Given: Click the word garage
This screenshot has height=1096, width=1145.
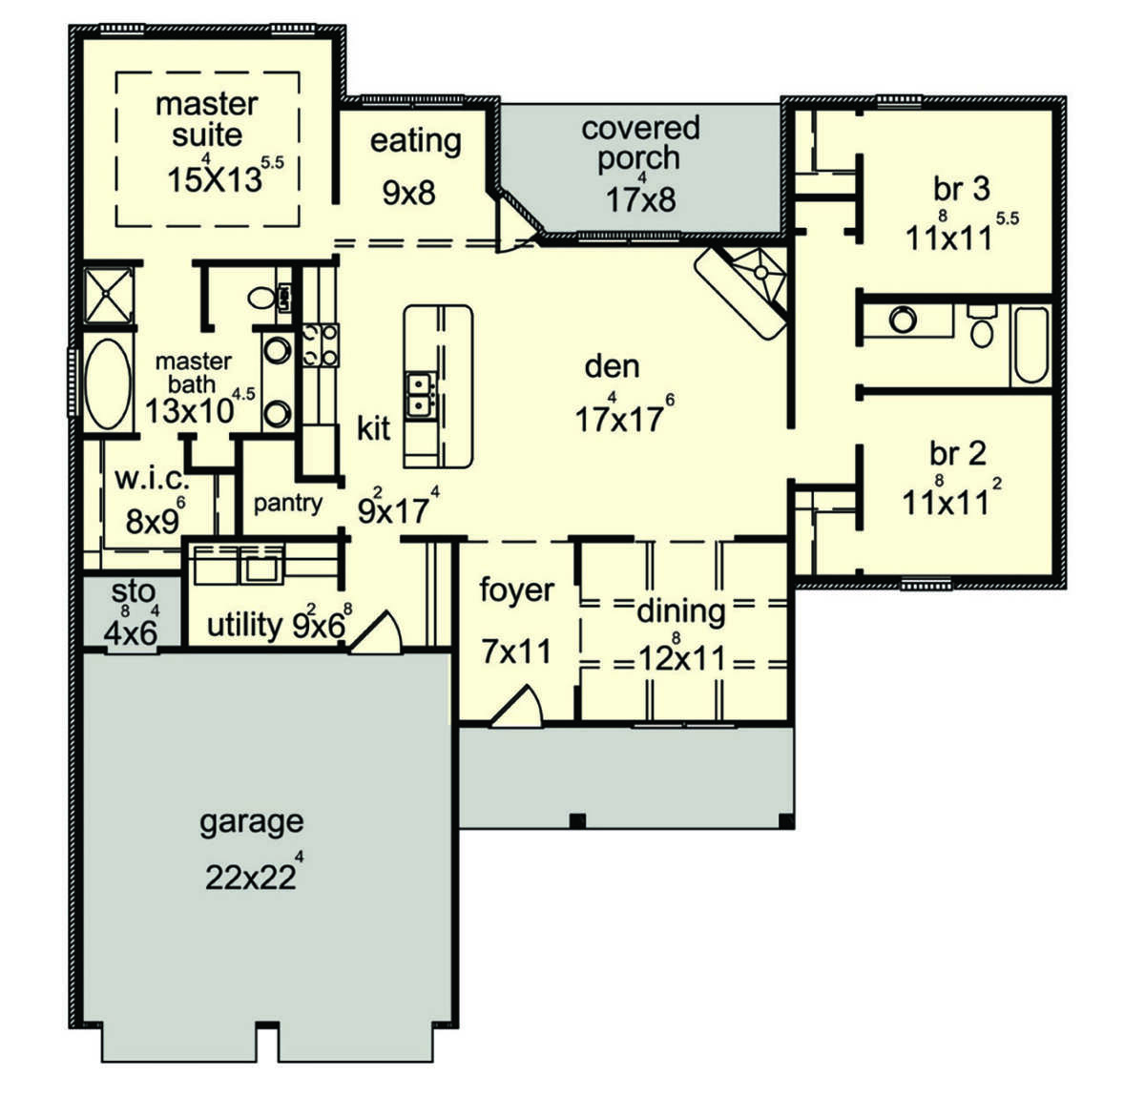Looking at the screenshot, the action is coord(251,822).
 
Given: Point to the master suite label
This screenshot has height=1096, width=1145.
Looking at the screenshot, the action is coord(206,119).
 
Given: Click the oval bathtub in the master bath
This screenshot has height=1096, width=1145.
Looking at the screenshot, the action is coord(107,383).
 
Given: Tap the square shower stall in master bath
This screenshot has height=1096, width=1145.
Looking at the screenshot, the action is coord(108,296).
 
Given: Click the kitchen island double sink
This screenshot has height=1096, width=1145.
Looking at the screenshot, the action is coord(420,394).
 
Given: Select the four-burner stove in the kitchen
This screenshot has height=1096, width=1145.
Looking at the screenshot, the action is coord(320,345).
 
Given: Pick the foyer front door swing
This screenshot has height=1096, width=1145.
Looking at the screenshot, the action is coord(516,705).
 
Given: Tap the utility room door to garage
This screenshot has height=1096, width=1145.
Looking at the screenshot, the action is coord(375,633).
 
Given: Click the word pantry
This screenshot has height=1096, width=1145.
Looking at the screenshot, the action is coord(288,505).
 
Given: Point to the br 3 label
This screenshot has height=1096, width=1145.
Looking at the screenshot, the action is coord(962,189).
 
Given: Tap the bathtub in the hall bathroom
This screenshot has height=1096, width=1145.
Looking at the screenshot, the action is coord(1031,345).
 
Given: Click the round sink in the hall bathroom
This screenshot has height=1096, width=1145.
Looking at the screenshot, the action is coord(902,320).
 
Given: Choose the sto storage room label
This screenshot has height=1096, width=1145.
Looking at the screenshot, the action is coord(133,591).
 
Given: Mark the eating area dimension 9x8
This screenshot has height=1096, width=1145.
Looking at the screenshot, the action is coord(409,193).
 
